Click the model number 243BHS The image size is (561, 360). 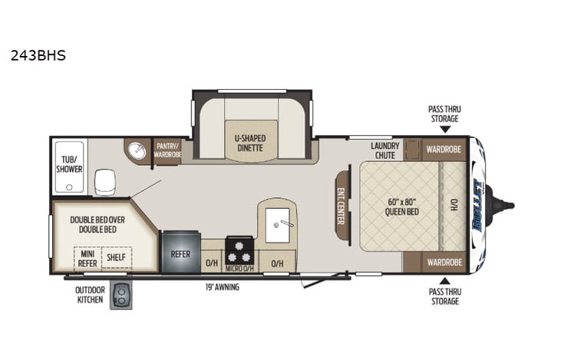point(38,56)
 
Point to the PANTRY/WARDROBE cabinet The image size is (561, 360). point(167,150)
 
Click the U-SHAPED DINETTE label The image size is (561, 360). point(249,143)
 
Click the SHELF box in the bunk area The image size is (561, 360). point(117,257)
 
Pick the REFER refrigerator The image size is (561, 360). point(180,253)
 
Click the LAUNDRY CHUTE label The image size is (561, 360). point(383,150)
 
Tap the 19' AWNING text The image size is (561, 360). point(223,287)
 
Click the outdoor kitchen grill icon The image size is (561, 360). point(121,295)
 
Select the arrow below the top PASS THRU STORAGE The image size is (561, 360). point(444,130)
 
